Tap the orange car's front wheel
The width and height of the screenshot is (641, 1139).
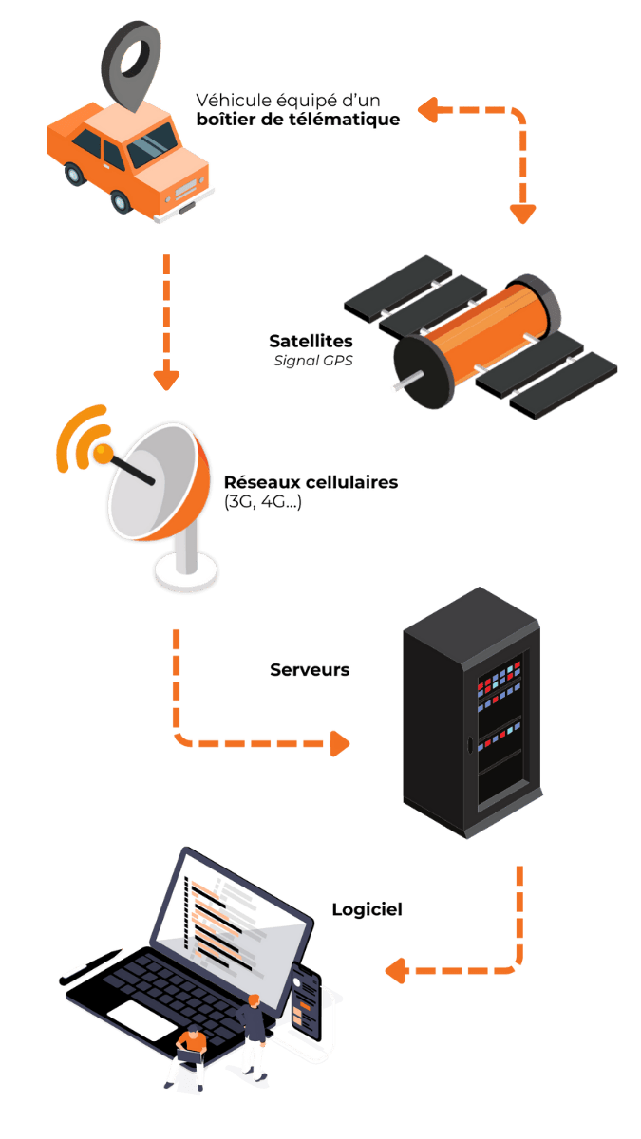(x=120, y=201)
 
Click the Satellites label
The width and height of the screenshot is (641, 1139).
(x=311, y=341)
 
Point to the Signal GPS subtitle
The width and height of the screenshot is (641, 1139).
(x=313, y=361)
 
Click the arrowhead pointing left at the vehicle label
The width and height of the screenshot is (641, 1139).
(x=426, y=110)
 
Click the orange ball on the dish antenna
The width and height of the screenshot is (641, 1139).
(x=102, y=455)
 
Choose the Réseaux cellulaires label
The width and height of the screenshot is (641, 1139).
(x=311, y=482)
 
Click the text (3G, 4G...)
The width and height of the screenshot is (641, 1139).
(x=263, y=502)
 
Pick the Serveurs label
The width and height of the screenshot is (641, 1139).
(x=310, y=669)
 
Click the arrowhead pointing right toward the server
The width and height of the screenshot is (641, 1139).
(x=339, y=743)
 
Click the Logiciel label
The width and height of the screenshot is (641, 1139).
(x=367, y=909)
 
